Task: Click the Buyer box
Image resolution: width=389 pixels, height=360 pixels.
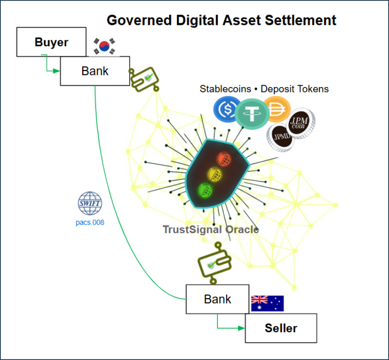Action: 51,42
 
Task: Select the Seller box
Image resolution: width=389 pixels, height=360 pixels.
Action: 281,328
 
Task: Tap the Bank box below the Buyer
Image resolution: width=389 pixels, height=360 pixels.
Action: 95,71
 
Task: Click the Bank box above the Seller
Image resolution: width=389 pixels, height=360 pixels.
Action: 217,299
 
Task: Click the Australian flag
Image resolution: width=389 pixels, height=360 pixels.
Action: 267,303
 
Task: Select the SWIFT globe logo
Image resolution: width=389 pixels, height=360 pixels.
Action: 90,204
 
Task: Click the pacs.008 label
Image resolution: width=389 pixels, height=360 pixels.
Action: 90,223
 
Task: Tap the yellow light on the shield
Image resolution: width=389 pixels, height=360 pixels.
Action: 214,174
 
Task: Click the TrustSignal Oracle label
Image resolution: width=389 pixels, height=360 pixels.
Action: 211,229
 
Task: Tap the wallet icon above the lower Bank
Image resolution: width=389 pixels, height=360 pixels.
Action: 214,265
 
